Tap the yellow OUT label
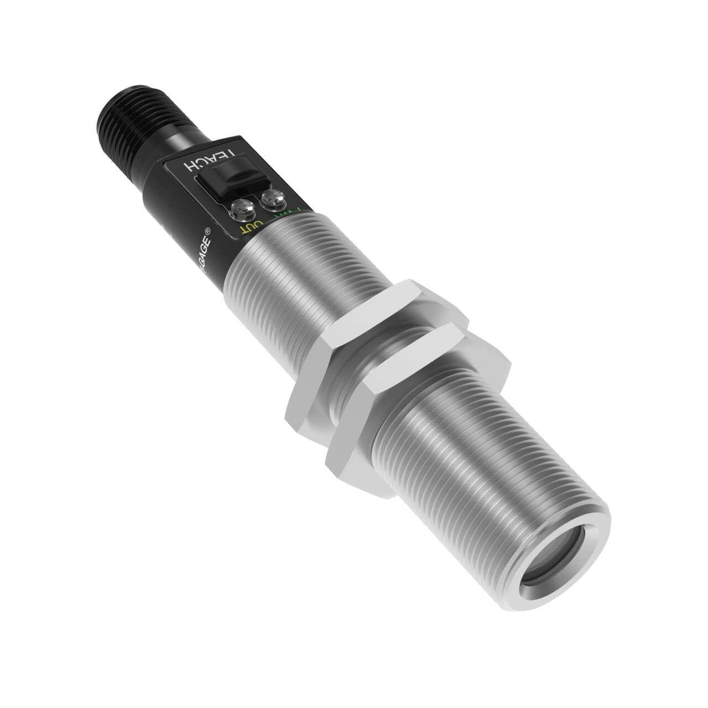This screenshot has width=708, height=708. [x=247, y=227]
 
